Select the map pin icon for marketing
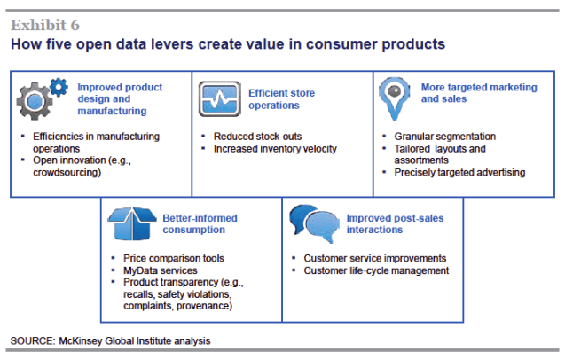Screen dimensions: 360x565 point(395,97)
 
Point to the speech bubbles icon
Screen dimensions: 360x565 point(312,224)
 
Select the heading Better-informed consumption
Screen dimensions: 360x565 point(200,224)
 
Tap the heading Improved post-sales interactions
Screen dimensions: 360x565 point(389,223)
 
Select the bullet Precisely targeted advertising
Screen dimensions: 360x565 point(459,172)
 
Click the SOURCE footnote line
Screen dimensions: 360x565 point(111,340)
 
